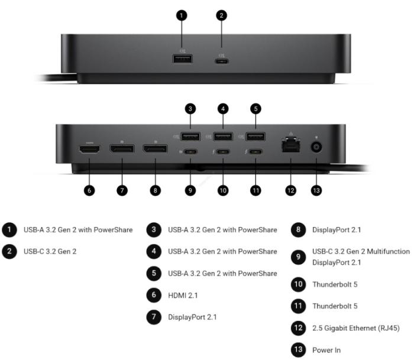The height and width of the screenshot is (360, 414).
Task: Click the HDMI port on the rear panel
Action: [x=90, y=149]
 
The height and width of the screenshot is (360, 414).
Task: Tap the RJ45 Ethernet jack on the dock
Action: [x=291, y=145]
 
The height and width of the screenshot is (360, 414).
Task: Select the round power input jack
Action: [x=316, y=147]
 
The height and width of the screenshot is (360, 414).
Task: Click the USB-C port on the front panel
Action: [x=222, y=61]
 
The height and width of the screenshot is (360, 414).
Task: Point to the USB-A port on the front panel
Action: [x=182, y=59]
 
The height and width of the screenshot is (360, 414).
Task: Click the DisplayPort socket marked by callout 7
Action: [x=122, y=148]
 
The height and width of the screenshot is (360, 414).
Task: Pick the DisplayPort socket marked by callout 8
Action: [x=155, y=148]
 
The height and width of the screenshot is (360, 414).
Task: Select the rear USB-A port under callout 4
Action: [x=223, y=137]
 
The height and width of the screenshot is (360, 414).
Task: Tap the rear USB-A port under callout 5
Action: [x=255, y=137]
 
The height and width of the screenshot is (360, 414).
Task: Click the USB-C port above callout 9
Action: [x=190, y=152]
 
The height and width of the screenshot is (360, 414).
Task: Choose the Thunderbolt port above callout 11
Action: [x=255, y=152]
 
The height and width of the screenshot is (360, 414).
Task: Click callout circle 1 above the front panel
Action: [x=182, y=15]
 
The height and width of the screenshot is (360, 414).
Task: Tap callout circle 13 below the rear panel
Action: [x=316, y=190]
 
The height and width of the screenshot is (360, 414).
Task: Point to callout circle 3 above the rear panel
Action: [x=190, y=109]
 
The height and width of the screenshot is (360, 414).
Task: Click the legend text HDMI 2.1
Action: [x=183, y=296]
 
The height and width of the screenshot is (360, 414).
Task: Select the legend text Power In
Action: [x=326, y=350]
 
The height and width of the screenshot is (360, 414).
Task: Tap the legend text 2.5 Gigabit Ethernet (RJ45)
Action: [x=356, y=328]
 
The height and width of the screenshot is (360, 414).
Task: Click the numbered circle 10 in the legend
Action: [x=298, y=284]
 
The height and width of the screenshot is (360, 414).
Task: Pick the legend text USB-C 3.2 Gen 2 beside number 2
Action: [x=50, y=251]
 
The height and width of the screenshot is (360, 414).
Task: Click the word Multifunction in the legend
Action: [x=389, y=251]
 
